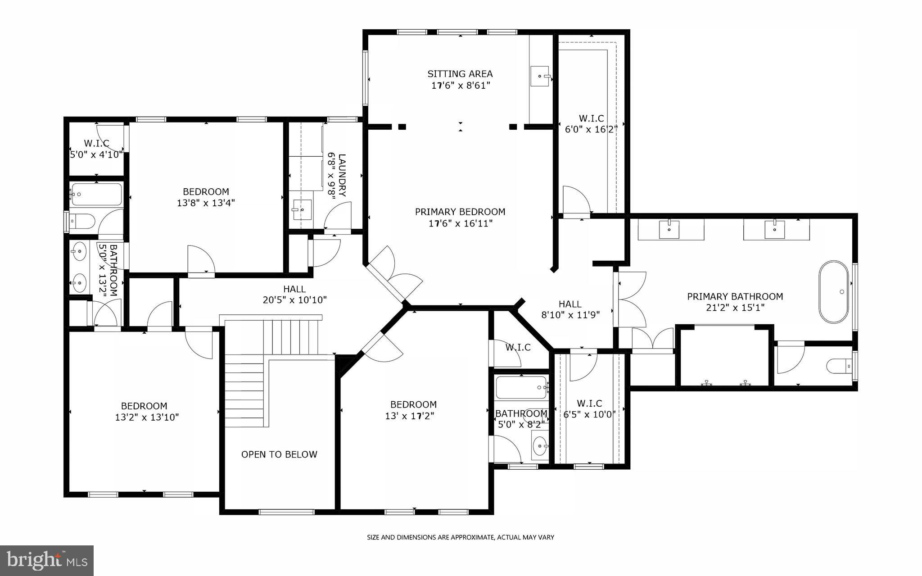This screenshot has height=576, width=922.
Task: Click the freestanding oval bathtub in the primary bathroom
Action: [x=833, y=292]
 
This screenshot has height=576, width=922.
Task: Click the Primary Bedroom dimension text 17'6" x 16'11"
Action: [x=460, y=223]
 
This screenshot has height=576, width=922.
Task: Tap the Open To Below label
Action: [x=279, y=454]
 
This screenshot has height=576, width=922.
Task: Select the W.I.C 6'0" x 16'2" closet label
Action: [x=591, y=123]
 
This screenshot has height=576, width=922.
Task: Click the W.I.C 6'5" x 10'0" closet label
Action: [x=589, y=409]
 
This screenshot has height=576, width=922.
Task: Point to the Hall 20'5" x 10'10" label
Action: [x=294, y=294]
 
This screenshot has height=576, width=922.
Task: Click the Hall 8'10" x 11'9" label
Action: [x=570, y=309]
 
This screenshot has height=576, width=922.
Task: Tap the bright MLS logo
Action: [x=47, y=560]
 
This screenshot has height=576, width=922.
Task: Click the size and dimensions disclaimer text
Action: [x=460, y=537]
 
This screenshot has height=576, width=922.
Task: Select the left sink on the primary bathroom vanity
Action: [x=669, y=230]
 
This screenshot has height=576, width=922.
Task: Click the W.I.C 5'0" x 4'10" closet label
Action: [x=96, y=149]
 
